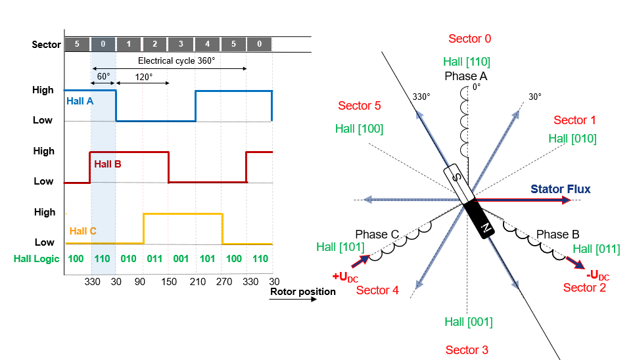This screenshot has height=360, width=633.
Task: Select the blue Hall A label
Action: [80, 101]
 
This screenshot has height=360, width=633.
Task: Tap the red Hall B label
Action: [107, 164]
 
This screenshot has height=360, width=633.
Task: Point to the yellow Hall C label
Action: [83, 231]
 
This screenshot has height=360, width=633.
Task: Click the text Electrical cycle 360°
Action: [176, 60]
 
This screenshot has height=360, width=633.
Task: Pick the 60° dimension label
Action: [103, 76]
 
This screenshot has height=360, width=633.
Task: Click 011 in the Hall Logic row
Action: [155, 259]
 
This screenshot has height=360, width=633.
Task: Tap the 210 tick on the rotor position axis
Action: [195, 281]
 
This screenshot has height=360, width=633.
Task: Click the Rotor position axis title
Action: [302, 291]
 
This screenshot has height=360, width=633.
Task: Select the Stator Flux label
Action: [560, 189]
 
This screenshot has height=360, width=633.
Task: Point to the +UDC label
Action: [345, 276]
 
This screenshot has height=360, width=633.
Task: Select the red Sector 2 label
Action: [584, 288]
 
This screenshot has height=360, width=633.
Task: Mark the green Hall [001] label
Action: [468, 322]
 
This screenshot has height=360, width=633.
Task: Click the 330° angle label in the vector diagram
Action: [421, 97]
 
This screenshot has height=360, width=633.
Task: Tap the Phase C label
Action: [377, 234]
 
